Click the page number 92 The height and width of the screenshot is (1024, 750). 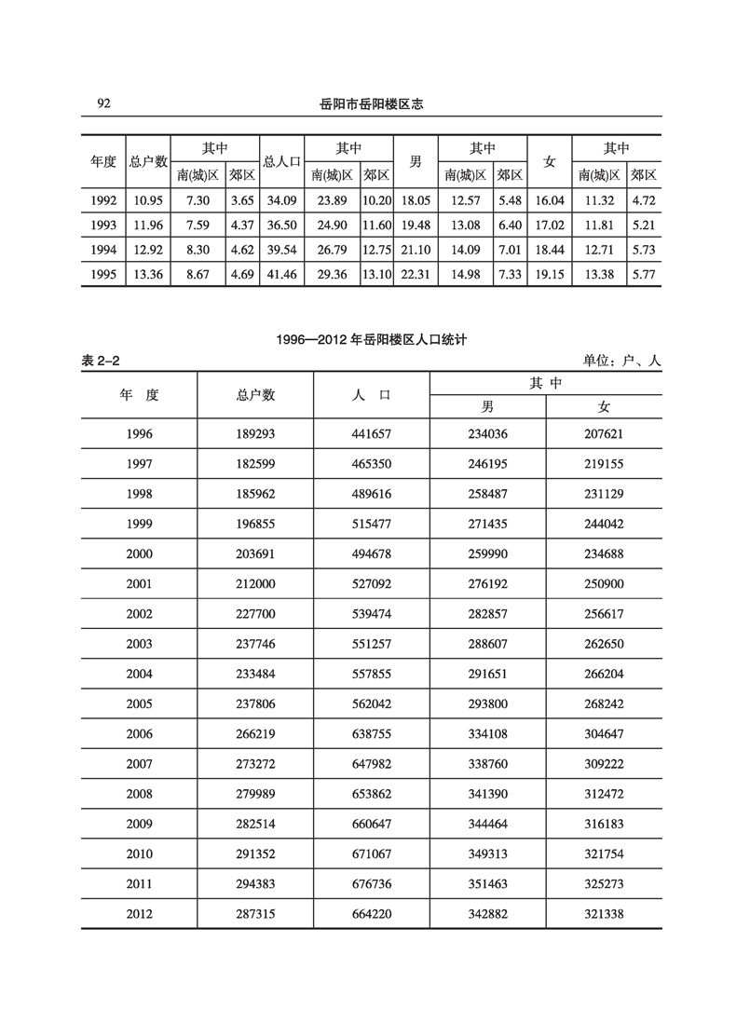point(103,103)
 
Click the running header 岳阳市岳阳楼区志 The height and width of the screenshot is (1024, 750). point(371,104)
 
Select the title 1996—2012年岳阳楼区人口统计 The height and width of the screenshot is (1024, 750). point(371,340)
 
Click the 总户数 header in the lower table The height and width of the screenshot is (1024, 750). point(255,394)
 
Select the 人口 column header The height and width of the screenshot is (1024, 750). point(371,394)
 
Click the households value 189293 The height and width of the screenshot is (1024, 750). point(255,434)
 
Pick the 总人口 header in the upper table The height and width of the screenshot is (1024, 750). point(281,161)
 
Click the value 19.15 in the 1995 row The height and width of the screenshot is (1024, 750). point(550,274)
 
